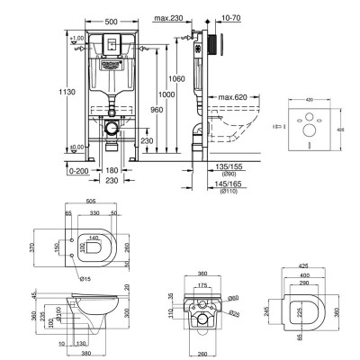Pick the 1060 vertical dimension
pos(181,79)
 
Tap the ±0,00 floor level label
pos(77,147)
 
